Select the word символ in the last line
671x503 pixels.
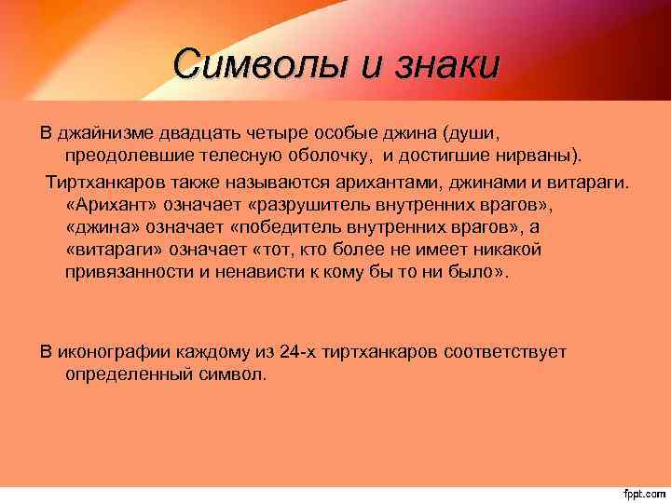coord(234,374)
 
